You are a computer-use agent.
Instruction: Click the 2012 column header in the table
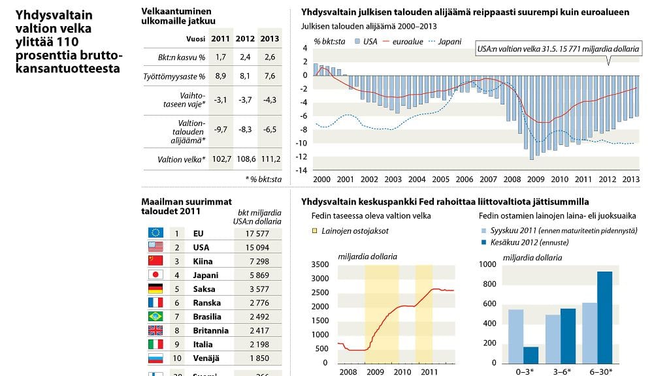[245, 39]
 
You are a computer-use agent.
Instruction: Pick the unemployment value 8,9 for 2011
[220, 76]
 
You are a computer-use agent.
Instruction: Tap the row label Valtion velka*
[182, 159]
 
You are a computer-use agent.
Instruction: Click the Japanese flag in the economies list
[155, 275]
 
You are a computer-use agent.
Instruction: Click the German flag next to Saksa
[155, 289]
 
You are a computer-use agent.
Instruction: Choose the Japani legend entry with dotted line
[444, 41]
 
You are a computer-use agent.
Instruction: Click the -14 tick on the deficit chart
[303, 170]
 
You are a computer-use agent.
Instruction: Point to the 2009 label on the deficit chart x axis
[536, 180]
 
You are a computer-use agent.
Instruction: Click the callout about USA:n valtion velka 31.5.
[557, 49]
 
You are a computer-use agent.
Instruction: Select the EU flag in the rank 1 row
[155, 232]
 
